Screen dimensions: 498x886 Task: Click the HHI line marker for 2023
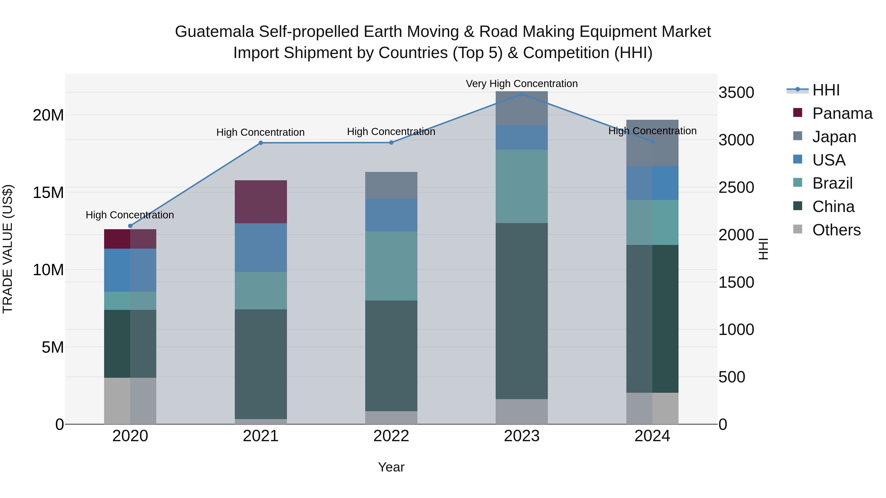[x=522, y=94]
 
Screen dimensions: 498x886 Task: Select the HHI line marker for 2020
[x=130, y=226]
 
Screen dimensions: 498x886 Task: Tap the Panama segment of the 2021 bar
[x=261, y=202]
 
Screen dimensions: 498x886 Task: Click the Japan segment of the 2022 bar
[x=391, y=185]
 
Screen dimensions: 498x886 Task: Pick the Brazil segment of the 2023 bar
[x=522, y=186]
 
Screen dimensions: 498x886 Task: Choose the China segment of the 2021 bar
[x=261, y=364]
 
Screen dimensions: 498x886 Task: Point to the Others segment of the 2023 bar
[x=522, y=411]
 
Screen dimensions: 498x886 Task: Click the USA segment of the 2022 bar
[x=391, y=215]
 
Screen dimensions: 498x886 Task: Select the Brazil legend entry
[x=832, y=183]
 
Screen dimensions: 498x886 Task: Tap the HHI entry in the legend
[x=825, y=90]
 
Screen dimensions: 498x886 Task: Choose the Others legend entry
[x=836, y=230]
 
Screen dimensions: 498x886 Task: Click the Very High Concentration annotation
[x=522, y=84]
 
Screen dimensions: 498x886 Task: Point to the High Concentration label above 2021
[x=260, y=132]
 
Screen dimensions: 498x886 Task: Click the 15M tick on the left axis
[x=48, y=193]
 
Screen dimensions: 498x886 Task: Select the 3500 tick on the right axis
[x=736, y=93]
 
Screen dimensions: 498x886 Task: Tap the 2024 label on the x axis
[x=652, y=436]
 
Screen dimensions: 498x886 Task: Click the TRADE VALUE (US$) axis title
[x=8, y=249]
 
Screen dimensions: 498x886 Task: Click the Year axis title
[x=391, y=467]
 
